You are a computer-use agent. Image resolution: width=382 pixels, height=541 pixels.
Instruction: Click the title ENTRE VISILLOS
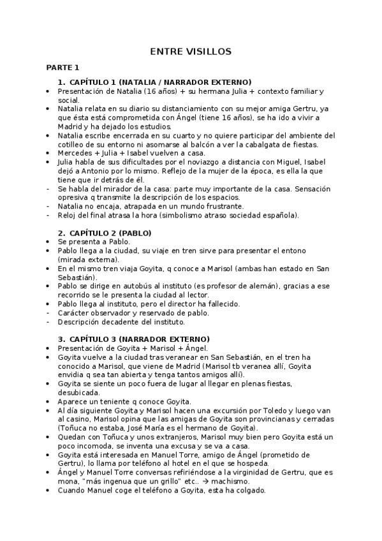(x=191, y=51)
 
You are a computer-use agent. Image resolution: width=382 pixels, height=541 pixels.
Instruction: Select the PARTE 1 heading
(x=62, y=67)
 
